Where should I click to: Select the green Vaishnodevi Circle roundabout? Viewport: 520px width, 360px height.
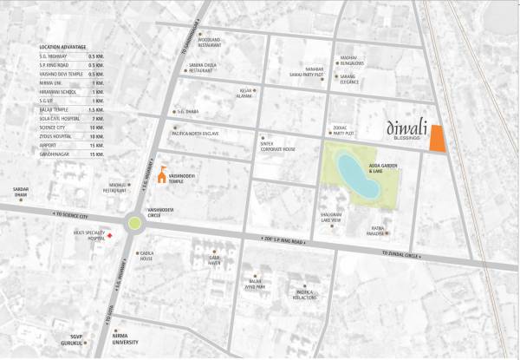pyautogui.click(x=135, y=222)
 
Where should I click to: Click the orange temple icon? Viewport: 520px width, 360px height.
pyautogui.click(x=159, y=170)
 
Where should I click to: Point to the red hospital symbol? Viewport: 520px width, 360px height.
pyautogui.click(x=108, y=235)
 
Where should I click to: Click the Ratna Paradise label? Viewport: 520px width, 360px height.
pyautogui.click(x=374, y=231)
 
